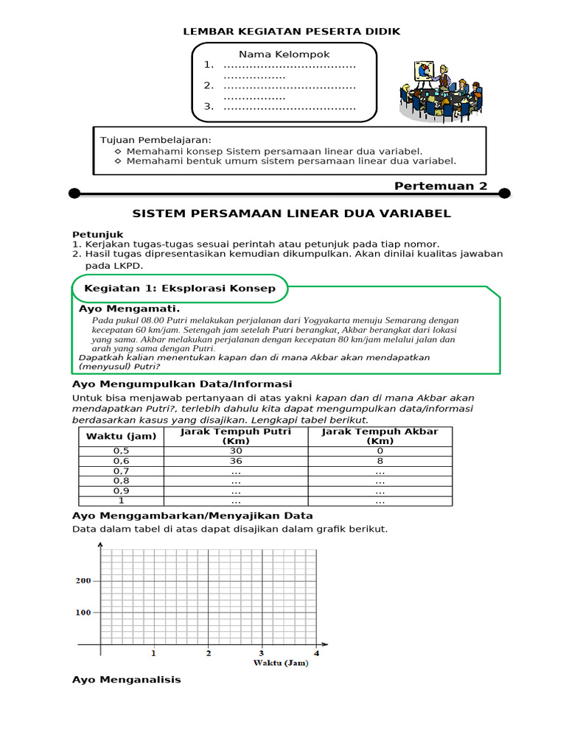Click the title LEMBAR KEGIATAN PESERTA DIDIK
(291, 31)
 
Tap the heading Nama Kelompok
(284, 54)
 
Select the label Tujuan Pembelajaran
(156, 140)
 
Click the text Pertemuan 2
(441, 186)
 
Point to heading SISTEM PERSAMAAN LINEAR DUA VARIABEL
(291, 214)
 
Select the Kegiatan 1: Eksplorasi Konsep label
(180, 289)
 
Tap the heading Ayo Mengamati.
(130, 309)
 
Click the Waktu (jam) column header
(122, 436)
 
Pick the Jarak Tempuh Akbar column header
(380, 436)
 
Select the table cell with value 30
(236, 451)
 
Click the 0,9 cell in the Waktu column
(122, 490)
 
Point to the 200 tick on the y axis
(83, 581)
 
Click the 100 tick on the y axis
(83, 613)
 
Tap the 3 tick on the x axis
(262, 653)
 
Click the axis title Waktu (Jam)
(281, 663)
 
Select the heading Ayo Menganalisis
(126, 680)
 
